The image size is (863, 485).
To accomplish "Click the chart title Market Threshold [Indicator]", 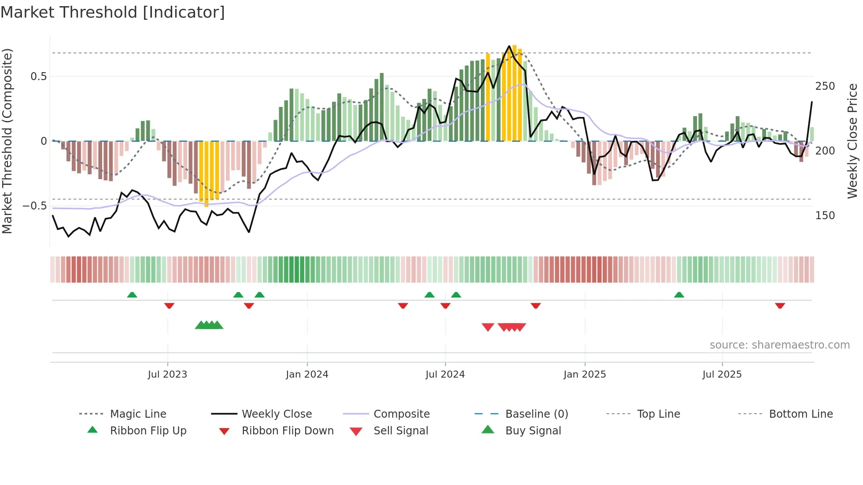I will [x=113, y=12].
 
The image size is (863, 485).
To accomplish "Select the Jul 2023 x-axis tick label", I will [x=167, y=375].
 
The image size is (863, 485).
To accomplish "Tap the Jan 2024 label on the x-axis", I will [x=307, y=375].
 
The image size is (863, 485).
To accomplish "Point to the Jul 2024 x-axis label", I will [x=445, y=375].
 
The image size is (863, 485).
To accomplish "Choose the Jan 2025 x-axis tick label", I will [x=585, y=375].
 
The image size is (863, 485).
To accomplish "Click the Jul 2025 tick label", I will [x=722, y=375].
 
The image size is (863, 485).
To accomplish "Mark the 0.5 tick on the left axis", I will [x=39, y=77].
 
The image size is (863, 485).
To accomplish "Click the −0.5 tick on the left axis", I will [x=35, y=206].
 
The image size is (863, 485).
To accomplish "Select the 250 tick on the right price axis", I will [x=825, y=86].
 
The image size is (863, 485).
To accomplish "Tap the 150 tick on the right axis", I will [x=825, y=216].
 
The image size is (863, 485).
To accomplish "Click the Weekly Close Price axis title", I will [x=852, y=141].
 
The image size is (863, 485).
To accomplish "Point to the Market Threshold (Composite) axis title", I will [x=7, y=141].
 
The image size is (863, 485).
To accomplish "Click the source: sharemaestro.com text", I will [x=779, y=345].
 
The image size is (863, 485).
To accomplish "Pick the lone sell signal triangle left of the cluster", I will [x=488, y=327].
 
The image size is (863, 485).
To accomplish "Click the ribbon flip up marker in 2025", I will [x=679, y=295].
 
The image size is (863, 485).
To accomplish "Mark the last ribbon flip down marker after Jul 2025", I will [x=780, y=305].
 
